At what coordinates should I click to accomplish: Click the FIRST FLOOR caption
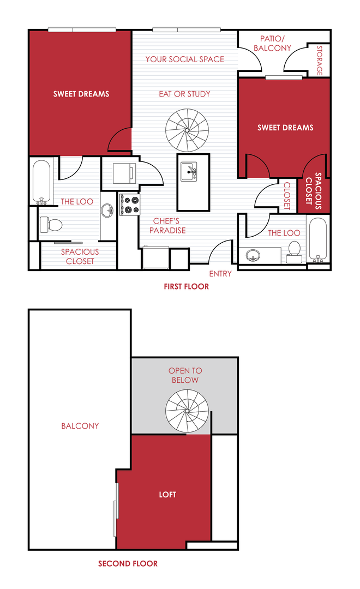(186, 286)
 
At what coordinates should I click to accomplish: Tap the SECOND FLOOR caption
(128, 563)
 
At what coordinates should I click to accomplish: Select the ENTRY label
(220, 274)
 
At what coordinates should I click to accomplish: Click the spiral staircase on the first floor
(187, 130)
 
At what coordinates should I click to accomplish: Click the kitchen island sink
(189, 173)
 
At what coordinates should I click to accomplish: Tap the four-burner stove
(129, 204)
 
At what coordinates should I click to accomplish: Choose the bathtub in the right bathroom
(316, 239)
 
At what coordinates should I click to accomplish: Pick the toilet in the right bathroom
(294, 249)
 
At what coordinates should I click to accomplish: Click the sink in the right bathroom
(253, 255)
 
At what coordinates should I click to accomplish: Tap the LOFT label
(167, 495)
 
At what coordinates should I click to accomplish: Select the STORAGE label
(320, 60)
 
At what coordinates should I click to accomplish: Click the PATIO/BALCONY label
(267, 44)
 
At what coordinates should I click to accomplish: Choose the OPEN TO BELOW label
(185, 375)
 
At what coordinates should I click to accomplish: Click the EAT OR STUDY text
(184, 94)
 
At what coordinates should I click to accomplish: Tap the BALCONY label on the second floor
(80, 426)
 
